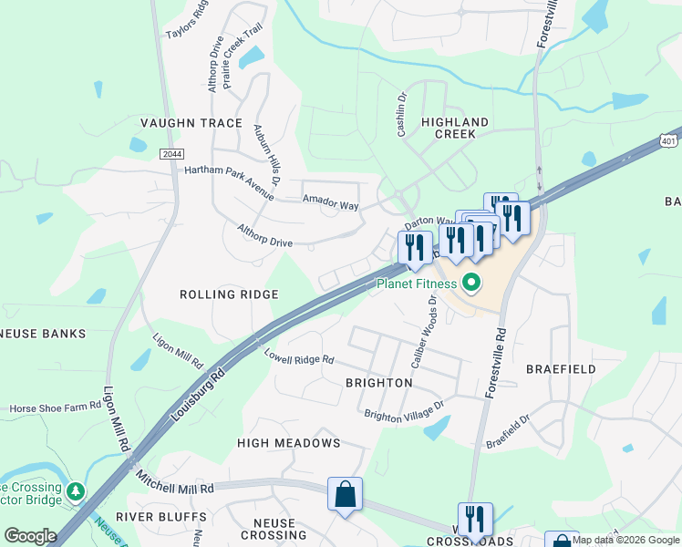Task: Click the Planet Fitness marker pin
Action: tap(471, 284)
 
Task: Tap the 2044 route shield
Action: tap(170, 154)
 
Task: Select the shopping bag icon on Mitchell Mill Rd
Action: tap(346, 495)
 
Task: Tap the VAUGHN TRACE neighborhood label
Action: tap(191, 123)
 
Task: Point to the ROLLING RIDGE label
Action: tap(229, 294)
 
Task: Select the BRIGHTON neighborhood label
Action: tap(378, 383)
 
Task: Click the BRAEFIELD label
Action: tap(561, 369)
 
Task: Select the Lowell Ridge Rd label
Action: tap(299, 358)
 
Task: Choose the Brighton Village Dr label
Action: tap(403, 409)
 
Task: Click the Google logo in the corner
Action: tap(29, 536)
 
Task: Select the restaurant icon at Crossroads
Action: tap(474, 521)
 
